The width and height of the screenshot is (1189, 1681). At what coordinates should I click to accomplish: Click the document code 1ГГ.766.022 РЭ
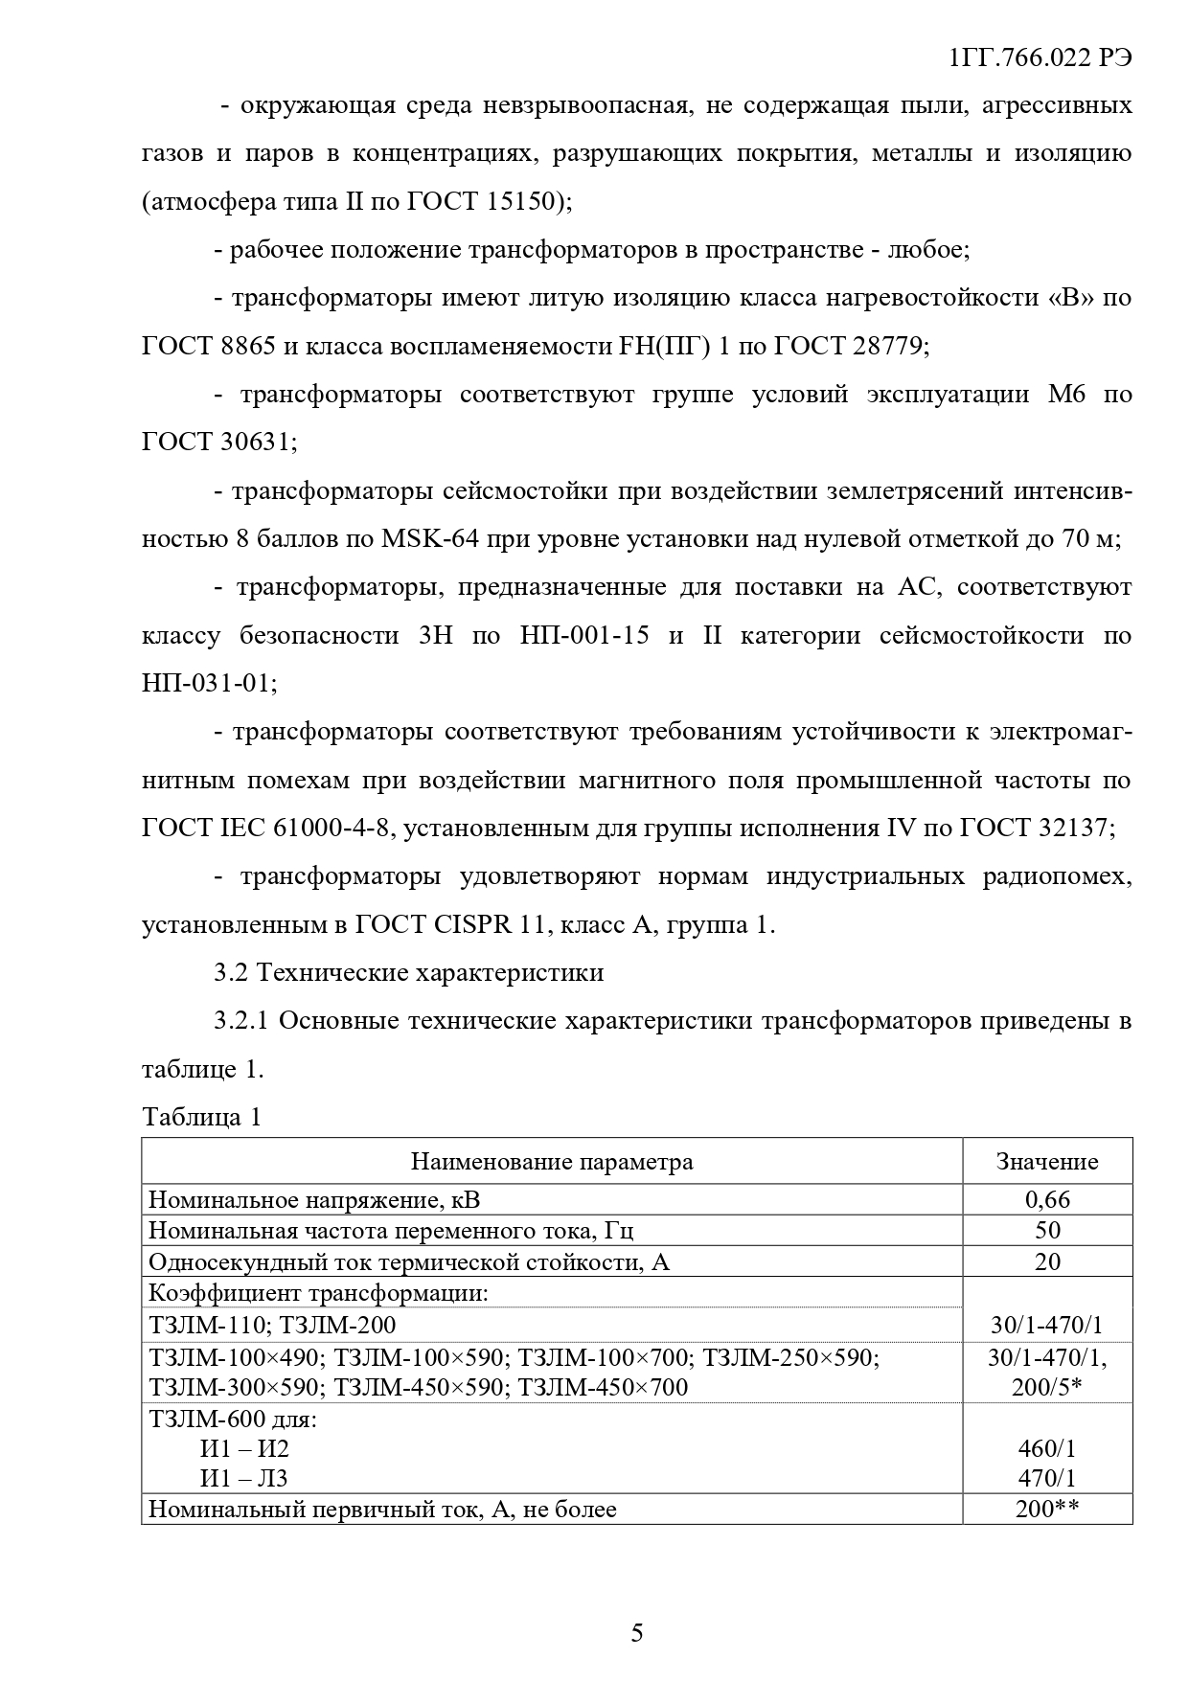coord(1040,57)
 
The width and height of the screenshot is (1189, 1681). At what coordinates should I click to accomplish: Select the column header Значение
coord(1047,1162)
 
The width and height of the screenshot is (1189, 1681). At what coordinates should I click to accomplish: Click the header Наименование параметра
coord(552,1162)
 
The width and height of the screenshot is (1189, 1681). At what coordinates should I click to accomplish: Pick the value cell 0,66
coord(1047,1199)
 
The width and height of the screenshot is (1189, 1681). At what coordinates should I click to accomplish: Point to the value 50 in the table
coord(1047,1231)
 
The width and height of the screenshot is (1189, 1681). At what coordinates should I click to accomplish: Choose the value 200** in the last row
coord(1047,1510)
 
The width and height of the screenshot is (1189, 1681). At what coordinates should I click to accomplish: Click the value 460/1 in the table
coord(1047,1448)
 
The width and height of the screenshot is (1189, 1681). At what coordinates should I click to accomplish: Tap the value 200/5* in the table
coord(1047,1387)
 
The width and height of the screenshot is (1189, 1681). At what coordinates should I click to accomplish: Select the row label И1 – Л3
coord(243,1479)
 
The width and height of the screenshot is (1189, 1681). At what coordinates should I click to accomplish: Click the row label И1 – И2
coord(244,1448)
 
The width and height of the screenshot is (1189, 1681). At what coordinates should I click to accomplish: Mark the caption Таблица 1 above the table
coord(201,1117)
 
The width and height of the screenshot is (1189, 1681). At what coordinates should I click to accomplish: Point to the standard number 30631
coord(259,443)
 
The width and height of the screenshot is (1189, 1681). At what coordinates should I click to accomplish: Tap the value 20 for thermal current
coord(1047,1261)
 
